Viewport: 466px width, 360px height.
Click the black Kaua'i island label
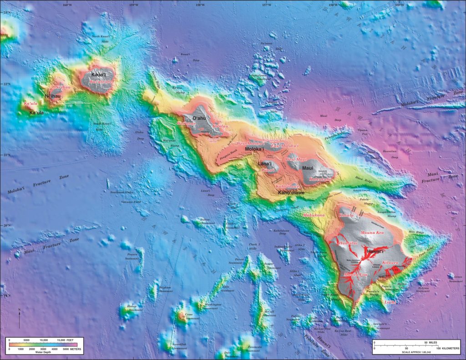pos(99,74)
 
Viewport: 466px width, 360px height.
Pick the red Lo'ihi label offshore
pos(390,302)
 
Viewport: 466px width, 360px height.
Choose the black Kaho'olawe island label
pos(291,193)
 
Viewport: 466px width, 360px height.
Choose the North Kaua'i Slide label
pos(101,38)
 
